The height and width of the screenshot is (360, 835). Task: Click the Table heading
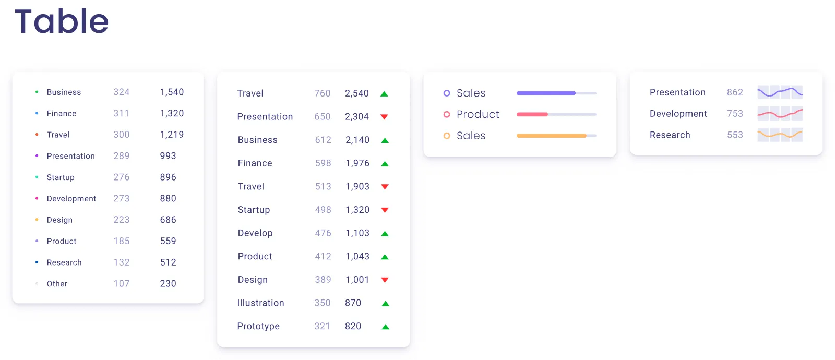click(62, 22)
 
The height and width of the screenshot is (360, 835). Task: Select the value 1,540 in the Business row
click(172, 92)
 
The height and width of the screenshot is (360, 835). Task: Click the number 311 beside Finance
click(121, 113)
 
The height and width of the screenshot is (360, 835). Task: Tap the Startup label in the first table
click(61, 177)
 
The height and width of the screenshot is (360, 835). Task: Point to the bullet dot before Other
click(37, 284)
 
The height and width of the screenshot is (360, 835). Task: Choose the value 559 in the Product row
click(168, 241)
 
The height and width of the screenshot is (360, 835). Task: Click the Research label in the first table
click(64, 262)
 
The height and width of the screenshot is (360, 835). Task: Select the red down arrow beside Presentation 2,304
click(384, 117)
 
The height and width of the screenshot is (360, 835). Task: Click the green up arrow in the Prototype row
click(386, 327)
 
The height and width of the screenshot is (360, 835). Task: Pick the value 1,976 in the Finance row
click(357, 163)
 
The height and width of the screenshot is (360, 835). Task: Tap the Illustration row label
click(260, 303)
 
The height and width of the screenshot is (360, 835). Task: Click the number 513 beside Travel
click(323, 187)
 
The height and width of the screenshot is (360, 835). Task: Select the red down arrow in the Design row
click(385, 280)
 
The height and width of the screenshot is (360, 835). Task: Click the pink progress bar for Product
click(532, 114)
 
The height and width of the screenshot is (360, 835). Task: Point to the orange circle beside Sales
click(447, 136)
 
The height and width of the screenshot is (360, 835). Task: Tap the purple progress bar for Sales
click(546, 93)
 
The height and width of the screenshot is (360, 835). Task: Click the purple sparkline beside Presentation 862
click(780, 92)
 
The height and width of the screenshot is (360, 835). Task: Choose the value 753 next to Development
click(735, 114)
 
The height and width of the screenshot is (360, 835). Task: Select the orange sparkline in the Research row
click(780, 135)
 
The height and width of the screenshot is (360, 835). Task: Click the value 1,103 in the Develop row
click(357, 233)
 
